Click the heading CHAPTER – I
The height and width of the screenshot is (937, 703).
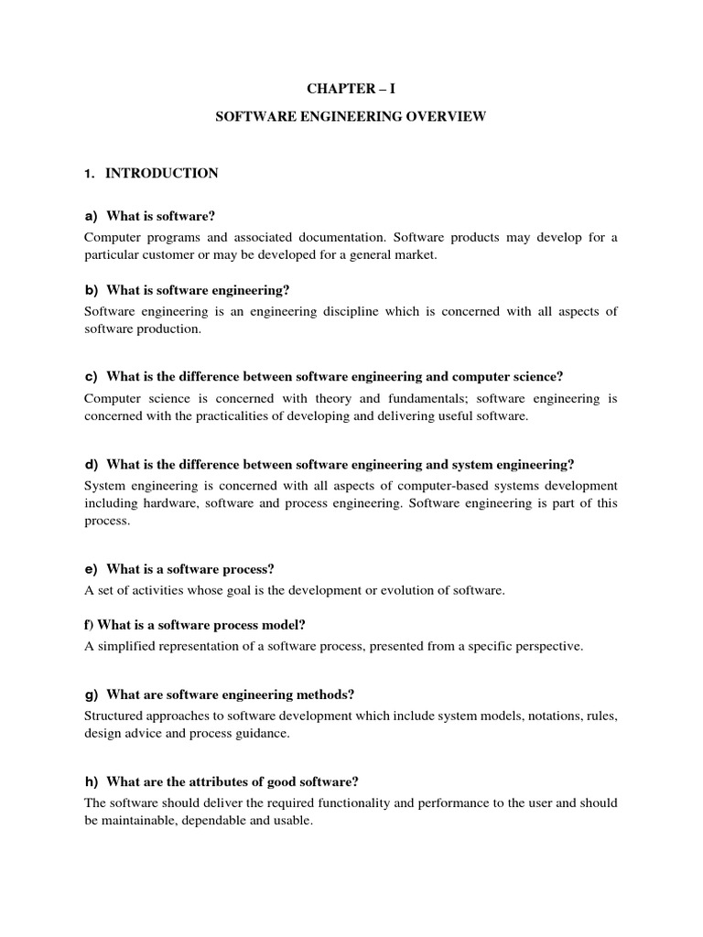pos(351,87)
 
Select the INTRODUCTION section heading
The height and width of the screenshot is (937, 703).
pos(162,173)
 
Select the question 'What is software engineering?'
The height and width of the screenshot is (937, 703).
pos(198,290)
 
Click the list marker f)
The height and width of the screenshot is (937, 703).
pos(89,624)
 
